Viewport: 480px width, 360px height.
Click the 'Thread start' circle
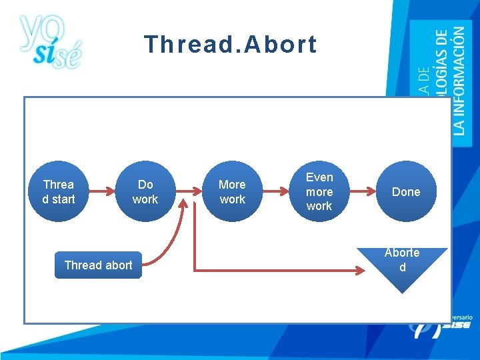tap(59, 192)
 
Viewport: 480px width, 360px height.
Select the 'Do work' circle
tap(145, 192)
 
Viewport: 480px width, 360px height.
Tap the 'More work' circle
tap(232, 192)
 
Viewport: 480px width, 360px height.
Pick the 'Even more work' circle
tap(319, 192)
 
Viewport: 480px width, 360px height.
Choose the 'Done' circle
tap(406, 192)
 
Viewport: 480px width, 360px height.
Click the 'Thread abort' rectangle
tap(98, 265)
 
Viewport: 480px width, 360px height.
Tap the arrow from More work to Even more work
tap(275, 192)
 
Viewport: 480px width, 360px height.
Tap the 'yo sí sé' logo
tap(49, 41)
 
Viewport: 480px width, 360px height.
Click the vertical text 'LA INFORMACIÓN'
tap(459, 80)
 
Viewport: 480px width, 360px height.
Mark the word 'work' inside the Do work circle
tap(145, 199)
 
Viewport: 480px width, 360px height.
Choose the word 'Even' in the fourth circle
tap(319, 177)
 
